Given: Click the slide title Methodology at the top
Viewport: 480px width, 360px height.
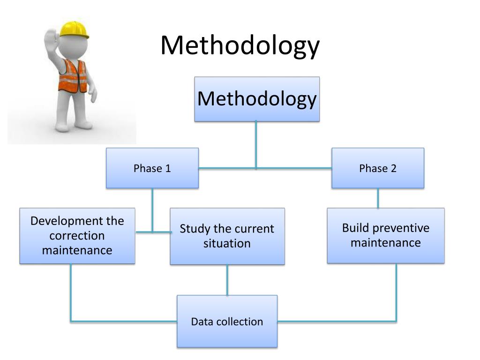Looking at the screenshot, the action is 240,46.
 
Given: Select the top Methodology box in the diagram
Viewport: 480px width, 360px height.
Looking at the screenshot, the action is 257,99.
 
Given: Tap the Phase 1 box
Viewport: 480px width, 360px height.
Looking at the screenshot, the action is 152,168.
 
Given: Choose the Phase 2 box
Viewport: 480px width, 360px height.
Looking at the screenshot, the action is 378,168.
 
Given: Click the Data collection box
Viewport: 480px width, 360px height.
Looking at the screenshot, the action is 227,322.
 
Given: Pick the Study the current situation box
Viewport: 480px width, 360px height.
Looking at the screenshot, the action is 227,236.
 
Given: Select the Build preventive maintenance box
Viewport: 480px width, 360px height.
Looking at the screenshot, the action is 385,235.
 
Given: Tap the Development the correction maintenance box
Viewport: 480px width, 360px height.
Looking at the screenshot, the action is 77,235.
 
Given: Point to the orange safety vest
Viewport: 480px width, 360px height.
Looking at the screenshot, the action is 73,75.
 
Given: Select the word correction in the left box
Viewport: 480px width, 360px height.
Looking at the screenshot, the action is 77,235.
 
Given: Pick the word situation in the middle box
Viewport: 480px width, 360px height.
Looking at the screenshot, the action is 227,244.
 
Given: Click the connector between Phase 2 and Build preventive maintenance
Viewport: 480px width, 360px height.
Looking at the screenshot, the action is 378,198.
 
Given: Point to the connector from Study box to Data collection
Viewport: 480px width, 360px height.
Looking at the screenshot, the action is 227,280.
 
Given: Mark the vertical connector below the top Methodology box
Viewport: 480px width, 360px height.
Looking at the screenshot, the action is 256,143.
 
